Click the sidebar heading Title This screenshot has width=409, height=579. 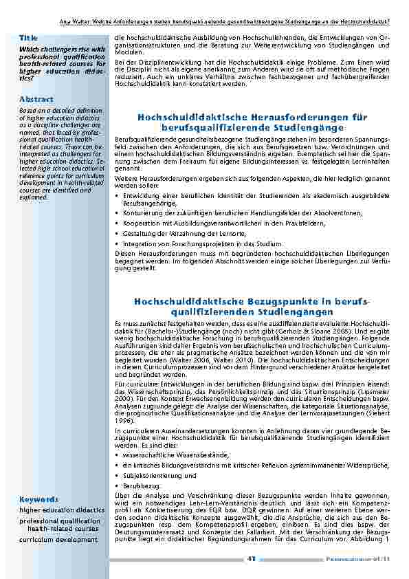28,37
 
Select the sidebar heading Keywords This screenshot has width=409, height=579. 38,499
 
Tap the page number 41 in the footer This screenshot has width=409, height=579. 251,558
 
